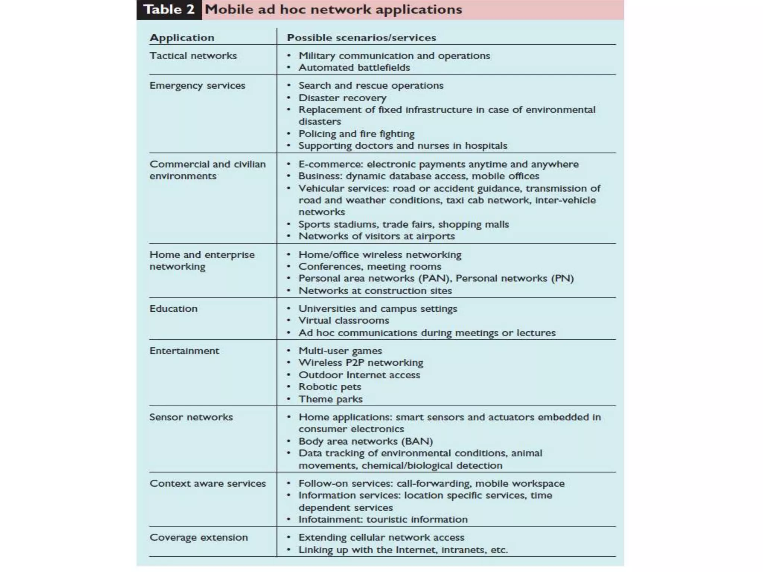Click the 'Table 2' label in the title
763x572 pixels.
tap(169, 10)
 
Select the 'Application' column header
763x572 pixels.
tap(182, 38)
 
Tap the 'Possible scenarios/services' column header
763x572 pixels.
tap(361, 38)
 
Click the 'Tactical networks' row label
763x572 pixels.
tap(193, 56)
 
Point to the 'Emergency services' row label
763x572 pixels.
tap(197, 86)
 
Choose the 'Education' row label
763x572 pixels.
tap(173, 309)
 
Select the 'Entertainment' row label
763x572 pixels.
tap(184, 351)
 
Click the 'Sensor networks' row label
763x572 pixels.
tap(191, 417)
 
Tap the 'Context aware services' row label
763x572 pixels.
tap(208, 483)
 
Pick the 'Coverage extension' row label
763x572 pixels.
tap(199, 537)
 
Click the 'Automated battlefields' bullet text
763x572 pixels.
tap(354, 68)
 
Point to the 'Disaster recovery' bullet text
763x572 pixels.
tap(342, 98)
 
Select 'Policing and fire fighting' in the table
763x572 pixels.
tap(357, 134)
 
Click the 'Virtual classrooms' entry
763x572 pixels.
tap(343, 321)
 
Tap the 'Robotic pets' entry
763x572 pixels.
tap(330, 387)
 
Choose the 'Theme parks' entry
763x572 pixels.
tap(330, 399)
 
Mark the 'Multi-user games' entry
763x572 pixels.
tap(340, 351)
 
